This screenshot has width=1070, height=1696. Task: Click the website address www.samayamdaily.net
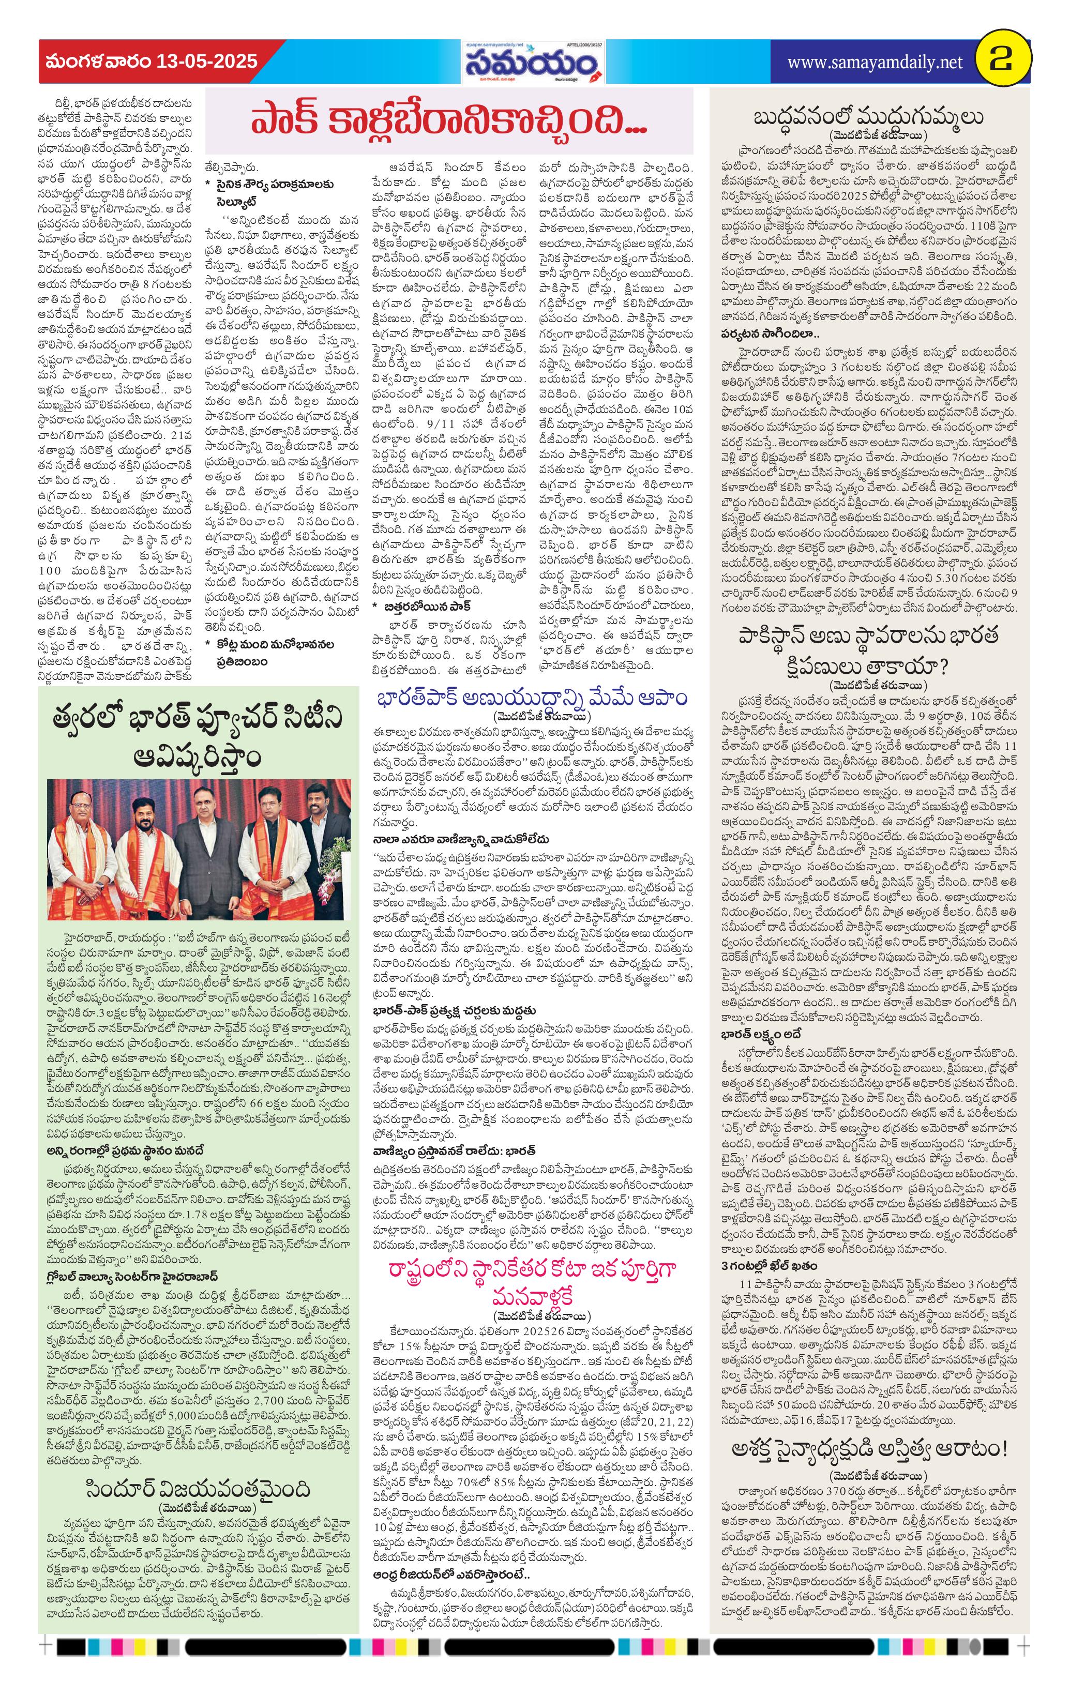tap(874, 63)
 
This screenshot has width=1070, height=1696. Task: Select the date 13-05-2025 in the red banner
tap(207, 62)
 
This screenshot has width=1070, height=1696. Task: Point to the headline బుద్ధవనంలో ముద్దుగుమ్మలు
tap(868, 116)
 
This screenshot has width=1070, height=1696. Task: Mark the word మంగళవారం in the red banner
tap(97, 62)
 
